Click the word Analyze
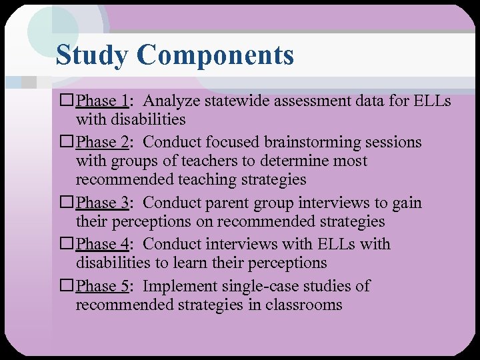[170, 101]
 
